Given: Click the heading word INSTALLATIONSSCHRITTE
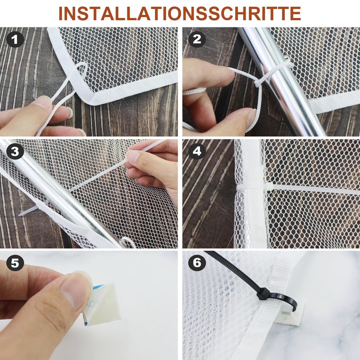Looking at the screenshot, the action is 180,13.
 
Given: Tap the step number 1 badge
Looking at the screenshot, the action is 15,40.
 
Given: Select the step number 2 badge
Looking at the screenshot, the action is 197,40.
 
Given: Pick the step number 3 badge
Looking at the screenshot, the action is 15,152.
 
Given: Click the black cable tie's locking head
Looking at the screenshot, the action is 263,294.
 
